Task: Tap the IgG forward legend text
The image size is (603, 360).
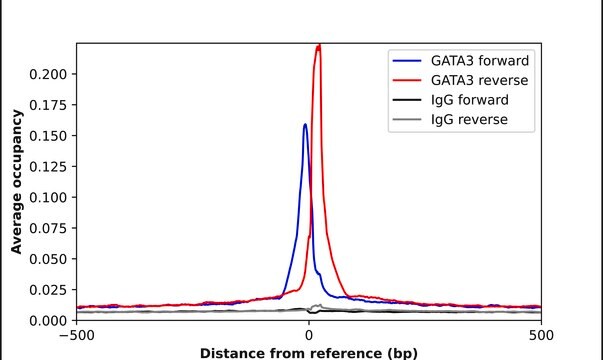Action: coord(469,101)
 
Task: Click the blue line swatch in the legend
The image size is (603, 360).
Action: coord(410,61)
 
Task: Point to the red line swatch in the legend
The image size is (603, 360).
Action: coord(410,81)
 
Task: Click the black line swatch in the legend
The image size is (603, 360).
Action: coord(410,101)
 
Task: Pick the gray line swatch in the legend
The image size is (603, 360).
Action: coord(410,120)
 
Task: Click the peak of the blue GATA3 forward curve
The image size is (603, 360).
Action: coord(305,125)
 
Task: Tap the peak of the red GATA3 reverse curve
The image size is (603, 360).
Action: coord(318,45)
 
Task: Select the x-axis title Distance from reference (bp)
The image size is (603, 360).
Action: coord(309,352)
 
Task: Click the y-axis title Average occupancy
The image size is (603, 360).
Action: coord(16,182)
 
